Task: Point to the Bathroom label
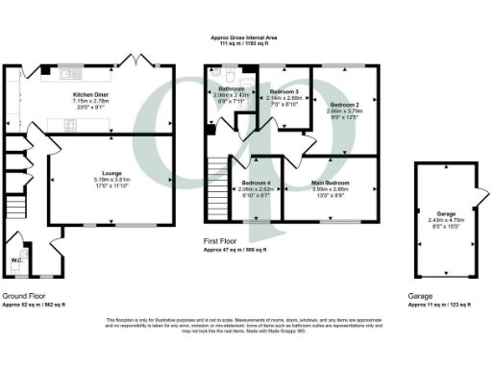[x=230, y=90]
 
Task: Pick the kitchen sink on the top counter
[x=66, y=73]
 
